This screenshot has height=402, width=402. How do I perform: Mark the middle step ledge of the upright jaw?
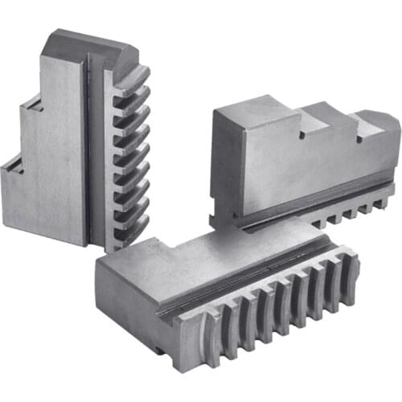(29, 109)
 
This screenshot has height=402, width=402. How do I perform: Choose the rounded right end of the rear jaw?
(386, 133)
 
